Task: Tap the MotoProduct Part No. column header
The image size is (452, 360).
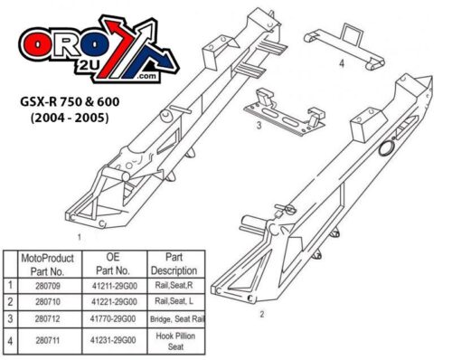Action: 51,262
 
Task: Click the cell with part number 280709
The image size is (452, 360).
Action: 51,283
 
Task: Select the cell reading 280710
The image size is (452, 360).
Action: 51,298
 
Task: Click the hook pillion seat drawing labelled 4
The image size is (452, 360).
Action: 343,40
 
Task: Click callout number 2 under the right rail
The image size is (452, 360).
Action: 261,314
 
